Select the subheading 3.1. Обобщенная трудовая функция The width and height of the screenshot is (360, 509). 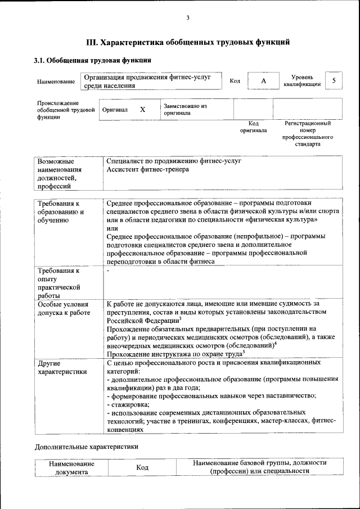point(92,60)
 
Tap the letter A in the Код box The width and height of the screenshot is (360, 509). point(263,82)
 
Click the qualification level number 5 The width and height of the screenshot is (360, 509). point(334,81)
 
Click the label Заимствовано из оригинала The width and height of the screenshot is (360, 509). point(185,109)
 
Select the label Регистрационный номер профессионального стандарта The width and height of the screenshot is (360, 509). point(307,133)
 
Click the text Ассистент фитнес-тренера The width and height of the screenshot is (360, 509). point(147,169)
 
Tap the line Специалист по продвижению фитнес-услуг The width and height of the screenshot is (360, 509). point(173,161)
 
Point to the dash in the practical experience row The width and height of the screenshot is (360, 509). point(108,271)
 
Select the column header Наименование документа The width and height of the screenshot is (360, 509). point(71,468)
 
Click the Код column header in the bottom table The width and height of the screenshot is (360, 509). point(142,468)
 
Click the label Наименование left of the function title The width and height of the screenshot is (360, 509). point(56,82)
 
